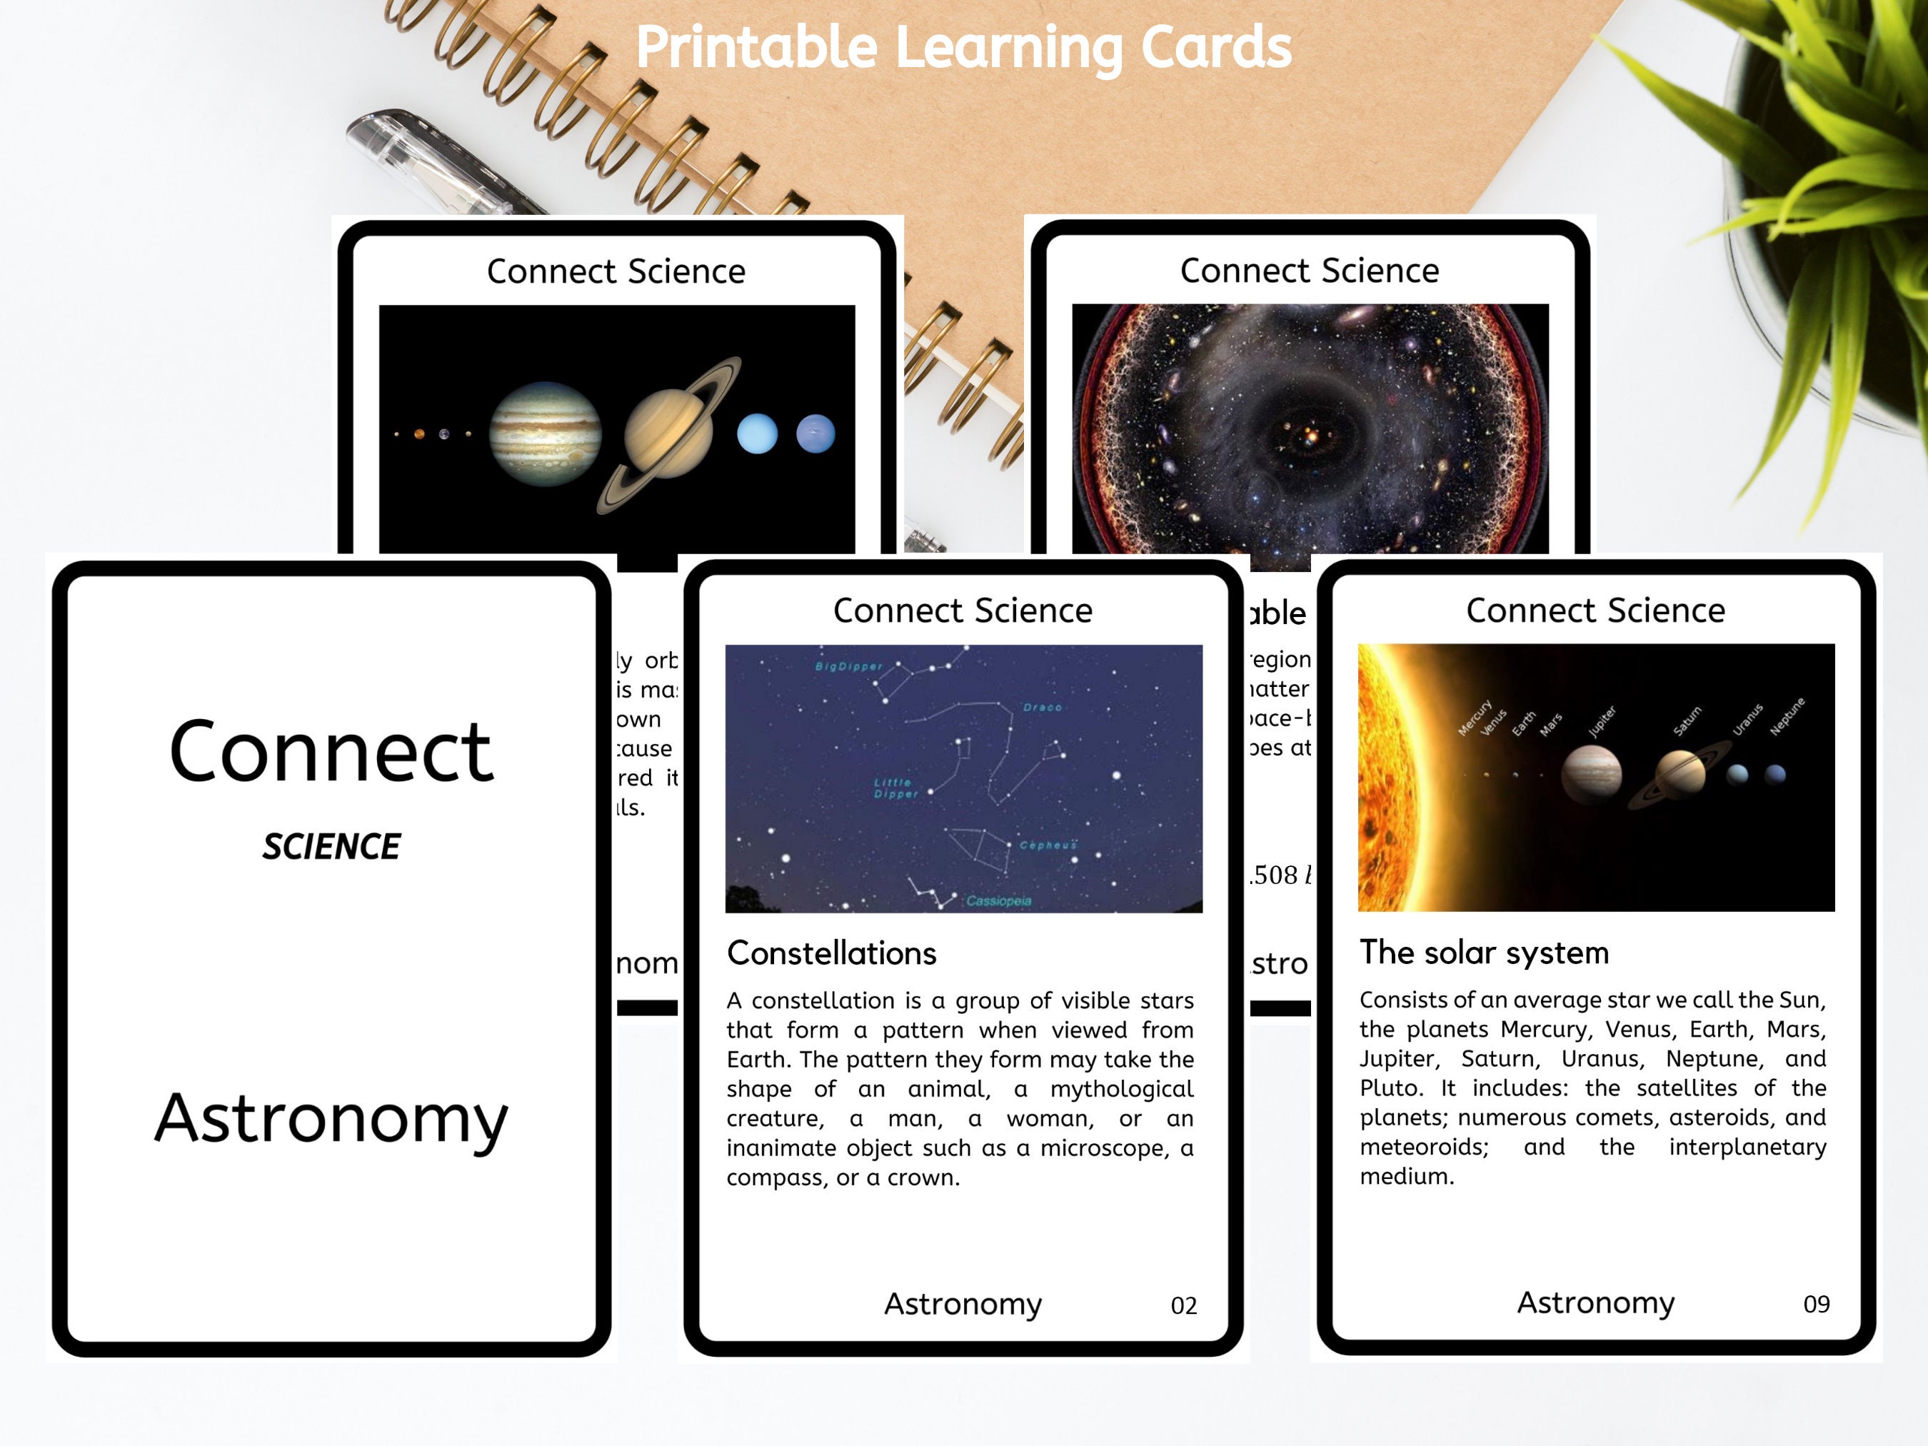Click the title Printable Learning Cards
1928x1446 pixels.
(x=963, y=47)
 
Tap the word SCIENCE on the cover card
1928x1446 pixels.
(x=331, y=846)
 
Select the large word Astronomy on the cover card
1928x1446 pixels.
(x=331, y=1118)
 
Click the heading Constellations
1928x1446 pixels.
(x=831, y=953)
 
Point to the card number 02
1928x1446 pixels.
(x=1183, y=1305)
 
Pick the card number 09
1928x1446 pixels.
(x=1816, y=1304)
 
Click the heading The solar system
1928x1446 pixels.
(x=1483, y=953)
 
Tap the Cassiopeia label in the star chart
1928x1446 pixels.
(x=999, y=901)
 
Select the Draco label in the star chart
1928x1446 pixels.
(x=1043, y=708)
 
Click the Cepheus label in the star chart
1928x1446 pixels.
(x=1048, y=845)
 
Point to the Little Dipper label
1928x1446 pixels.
(x=896, y=788)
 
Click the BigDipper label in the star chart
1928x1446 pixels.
(x=848, y=667)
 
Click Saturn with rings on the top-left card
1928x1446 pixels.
(x=669, y=433)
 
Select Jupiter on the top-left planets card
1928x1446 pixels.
(x=545, y=433)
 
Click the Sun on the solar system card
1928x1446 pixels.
(x=1386, y=775)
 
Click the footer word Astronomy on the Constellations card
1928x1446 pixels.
(x=963, y=1304)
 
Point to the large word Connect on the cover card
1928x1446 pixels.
(x=331, y=751)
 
